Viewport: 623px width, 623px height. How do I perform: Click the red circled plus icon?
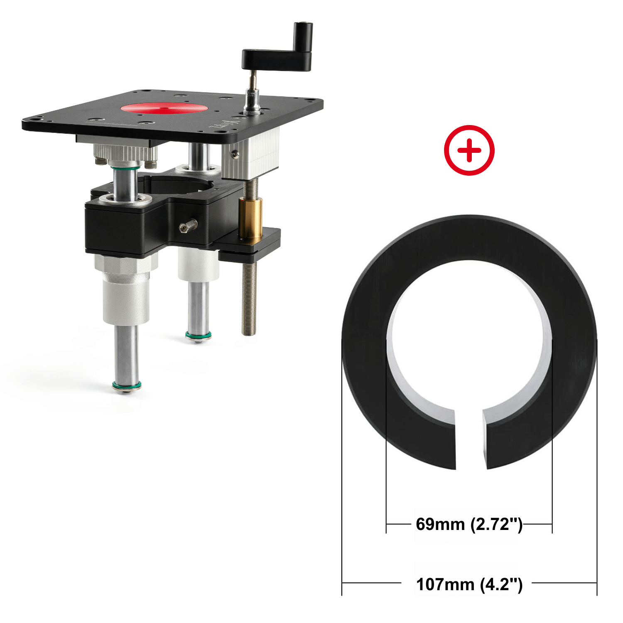pyautogui.click(x=469, y=150)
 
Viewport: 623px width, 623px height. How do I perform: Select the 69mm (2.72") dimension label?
pyautogui.click(x=469, y=524)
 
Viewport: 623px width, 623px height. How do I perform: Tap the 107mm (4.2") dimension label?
pyautogui.click(x=469, y=584)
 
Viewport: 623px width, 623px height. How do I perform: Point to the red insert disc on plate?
pyautogui.click(x=164, y=108)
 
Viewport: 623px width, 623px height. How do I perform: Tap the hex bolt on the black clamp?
pyautogui.click(x=188, y=226)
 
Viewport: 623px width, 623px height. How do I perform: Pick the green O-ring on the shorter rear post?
pyautogui.click(x=198, y=335)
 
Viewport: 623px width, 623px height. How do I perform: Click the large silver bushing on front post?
pyautogui.click(x=126, y=293)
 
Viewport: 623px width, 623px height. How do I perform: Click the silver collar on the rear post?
pyautogui.click(x=198, y=264)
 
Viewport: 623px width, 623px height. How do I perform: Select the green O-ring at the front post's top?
pyautogui.click(x=125, y=167)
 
